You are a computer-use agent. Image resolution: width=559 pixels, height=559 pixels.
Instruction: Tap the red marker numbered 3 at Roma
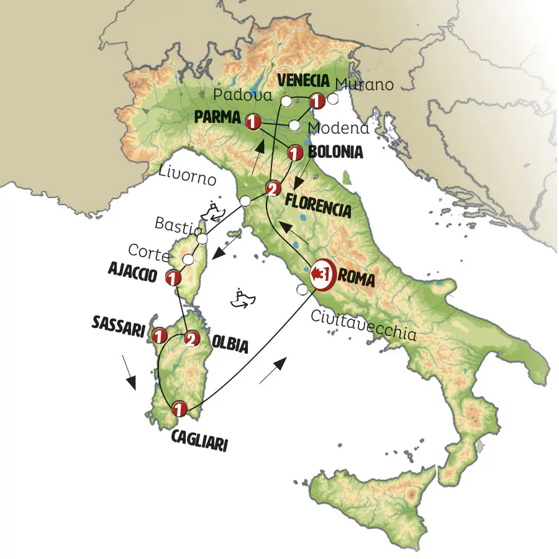pyautogui.click(x=322, y=274)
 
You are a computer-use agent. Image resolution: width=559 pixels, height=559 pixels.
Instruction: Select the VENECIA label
pyautogui.click(x=302, y=81)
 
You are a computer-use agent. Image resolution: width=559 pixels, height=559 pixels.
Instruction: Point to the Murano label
pyautogui.click(x=364, y=84)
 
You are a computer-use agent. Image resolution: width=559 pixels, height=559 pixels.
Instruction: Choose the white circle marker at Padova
pyautogui.click(x=286, y=101)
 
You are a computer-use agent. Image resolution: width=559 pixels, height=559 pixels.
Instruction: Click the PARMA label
pyautogui.click(x=219, y=116)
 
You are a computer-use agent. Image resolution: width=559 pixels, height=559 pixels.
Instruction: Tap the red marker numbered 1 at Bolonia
pyautogui.click(x=294, y=152)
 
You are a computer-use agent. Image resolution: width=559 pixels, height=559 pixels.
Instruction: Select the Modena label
pyautogui.click(x=339, y=129)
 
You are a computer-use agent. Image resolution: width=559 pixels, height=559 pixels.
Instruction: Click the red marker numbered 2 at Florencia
pyautogui.click(x=271, y=188)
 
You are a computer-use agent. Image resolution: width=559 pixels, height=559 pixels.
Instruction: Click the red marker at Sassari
pyautogui.click(x=160, y=335)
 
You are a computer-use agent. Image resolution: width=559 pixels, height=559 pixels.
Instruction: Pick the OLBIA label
pyautogui.click(x=230, y=345)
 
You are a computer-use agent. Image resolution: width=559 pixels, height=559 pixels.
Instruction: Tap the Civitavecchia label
pyautogui.click(x=363, y=326)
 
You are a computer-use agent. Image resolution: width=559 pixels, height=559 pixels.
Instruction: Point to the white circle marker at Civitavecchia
pyautogui.click(x=302, y=289)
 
